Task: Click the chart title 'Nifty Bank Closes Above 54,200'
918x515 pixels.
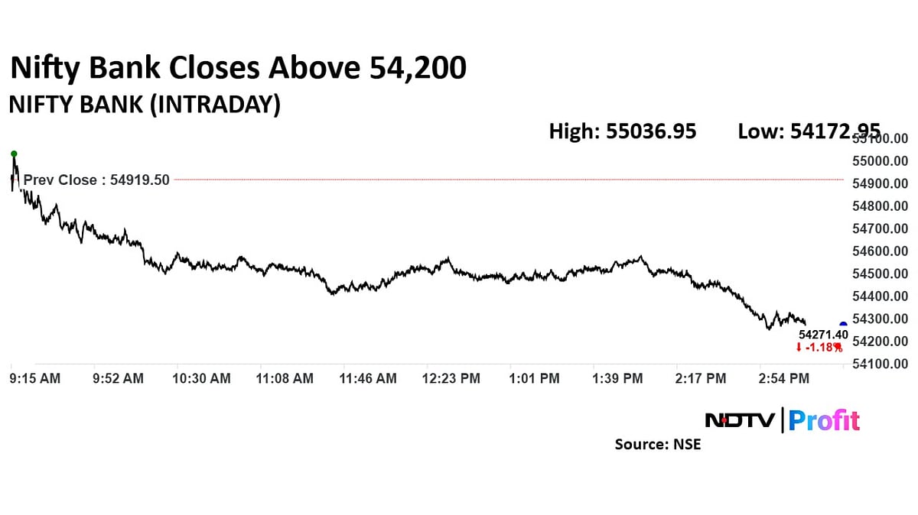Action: click(x=237, y=70)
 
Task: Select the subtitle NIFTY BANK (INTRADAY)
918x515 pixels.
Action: click(x=144, y=105)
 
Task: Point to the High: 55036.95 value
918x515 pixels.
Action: click(x=623, y=131)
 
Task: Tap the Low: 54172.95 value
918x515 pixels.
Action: click(x=809, y=131)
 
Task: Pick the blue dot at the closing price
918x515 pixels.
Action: click(x=843, y=325)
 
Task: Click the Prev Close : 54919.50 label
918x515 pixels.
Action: click(x=96, y=180)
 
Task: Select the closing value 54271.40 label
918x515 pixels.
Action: click(x=823, y=335)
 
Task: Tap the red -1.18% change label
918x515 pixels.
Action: click(x=819, y=348)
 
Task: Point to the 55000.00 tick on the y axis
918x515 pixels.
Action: click(x=880, y=161)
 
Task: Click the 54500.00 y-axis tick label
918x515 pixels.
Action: click(x=880, y=274)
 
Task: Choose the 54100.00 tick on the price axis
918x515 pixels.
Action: click(x=880, y=364)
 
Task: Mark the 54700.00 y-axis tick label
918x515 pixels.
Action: click(x=880, y=228)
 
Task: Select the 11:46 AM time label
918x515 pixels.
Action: click(x=368, y=378)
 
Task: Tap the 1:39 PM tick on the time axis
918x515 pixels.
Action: click(x=617, y=378)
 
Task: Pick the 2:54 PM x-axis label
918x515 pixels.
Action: click(x=784, y=378)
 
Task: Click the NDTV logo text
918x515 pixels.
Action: click(x=739, y=420)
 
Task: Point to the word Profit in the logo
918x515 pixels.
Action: click(x=824, y=420)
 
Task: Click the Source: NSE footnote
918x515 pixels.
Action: click(x=657, y=444)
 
